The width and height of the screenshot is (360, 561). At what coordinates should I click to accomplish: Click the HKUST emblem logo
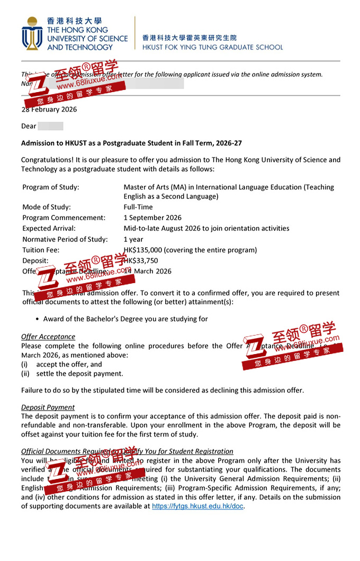pyautogui.click(x=32, y=33)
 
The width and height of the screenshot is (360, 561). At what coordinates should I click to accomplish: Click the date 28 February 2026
pyautogui.click(x=49, y=110)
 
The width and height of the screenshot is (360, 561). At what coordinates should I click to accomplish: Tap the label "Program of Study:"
pyautogui.click(x=50, y=187)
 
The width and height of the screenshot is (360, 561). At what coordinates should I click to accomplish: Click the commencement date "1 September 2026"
pyautogui.click(x=152, y=218)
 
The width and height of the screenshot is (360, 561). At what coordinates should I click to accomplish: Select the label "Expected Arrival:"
pyautogui.click(x=49, y=228)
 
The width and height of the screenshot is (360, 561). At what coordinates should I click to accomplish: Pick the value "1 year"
pyautogui.click(x=134, y=239)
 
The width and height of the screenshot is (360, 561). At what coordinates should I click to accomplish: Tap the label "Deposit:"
pyautogui.click(x=35, y=260)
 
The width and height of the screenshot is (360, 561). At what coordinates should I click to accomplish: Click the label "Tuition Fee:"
pyautogui.click(x=41, y=250)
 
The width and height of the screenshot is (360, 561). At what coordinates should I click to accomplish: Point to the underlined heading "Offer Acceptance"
pyautogui.click(x=48, y=337)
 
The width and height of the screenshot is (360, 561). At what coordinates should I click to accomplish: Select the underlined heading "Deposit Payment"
pyautogui.click(x=48, y=408)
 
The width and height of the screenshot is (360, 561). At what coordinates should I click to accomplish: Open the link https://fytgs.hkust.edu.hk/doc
pyautogui.click(x=198, y=506)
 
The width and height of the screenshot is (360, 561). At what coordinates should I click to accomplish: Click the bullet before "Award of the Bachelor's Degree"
pyautogui.click(x=37, y=319)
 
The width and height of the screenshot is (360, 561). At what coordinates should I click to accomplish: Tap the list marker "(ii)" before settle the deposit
pyautogui.click(x=25, y=374)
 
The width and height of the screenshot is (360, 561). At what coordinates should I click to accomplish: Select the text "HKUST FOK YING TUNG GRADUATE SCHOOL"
pyautogui.click(x=212, y=47)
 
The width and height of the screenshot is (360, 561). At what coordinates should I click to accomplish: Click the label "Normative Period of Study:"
pyautogui.click(x=65, y=239)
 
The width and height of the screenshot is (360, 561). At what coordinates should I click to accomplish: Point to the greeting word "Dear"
pyautogui.click(x=29, y=126)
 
